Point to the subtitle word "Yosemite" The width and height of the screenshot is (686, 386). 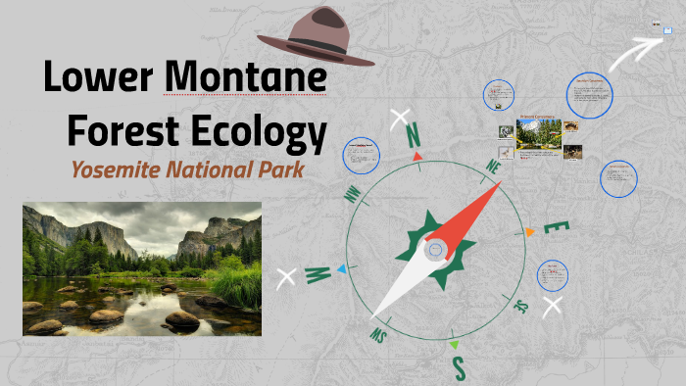click(116, 169)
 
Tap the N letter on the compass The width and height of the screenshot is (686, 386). click(413, 135)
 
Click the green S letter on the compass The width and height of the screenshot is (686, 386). click(458, 368)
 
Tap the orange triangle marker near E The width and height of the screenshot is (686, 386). click(529, 232)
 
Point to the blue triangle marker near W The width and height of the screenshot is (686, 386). click(340, 268)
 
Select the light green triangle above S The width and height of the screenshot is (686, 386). click(452, 345)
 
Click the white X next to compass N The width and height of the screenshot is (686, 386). click(399, 120)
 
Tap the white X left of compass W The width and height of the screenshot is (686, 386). click(287, 278)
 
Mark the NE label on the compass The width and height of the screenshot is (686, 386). click(493, 169)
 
